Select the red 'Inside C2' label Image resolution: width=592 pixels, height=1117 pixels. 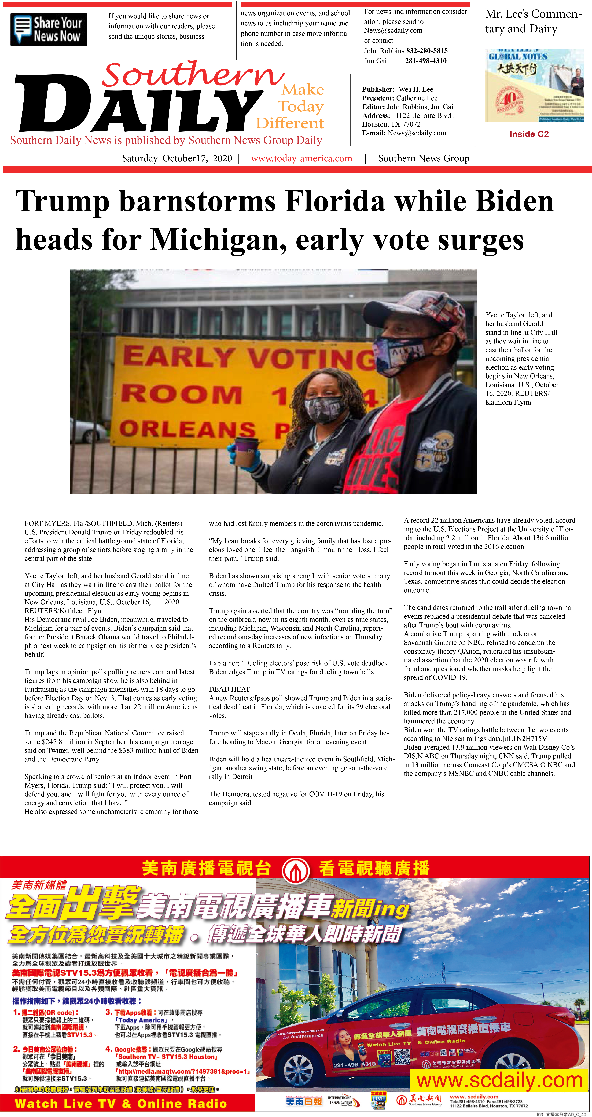pos(529,134)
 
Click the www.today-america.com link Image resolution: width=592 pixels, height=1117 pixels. pos(302,158)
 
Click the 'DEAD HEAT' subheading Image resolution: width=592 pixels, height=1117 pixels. pos(229,689)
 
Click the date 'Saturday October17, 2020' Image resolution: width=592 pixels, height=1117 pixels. pos(177,158)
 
